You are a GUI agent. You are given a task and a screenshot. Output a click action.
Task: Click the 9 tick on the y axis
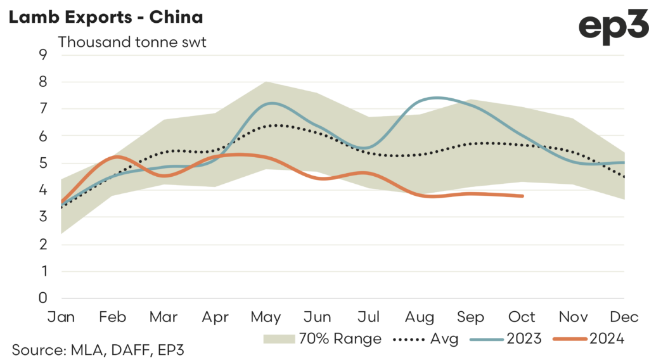pos(44,55)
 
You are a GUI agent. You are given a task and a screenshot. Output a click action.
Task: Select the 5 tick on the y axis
pos(44,163)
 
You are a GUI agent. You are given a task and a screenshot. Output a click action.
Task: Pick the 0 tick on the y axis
pos(44,298)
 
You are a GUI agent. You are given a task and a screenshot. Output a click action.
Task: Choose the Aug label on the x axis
pos(420,316)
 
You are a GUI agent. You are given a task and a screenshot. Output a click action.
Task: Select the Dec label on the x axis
pos(625,316)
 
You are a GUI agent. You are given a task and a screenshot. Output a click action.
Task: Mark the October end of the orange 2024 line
pos(522,196)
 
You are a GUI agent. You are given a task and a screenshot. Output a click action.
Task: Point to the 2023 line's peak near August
pos(437,98)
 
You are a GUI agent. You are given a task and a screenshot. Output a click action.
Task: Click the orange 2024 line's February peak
pos(118,156)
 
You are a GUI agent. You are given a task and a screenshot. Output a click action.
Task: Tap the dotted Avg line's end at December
pos(625,177)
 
